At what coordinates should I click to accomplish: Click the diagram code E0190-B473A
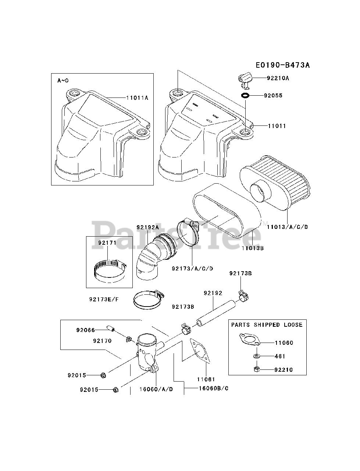coord(282,65)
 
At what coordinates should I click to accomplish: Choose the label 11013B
coord(253,248)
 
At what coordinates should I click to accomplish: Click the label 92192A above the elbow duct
coord(147,227)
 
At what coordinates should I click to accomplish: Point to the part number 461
coord(280,356)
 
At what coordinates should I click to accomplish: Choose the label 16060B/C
coord(213,388)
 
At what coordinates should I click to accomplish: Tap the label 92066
coord(86,330)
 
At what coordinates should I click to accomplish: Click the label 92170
coord(102,341)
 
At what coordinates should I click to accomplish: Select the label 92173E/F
coord(104,299)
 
